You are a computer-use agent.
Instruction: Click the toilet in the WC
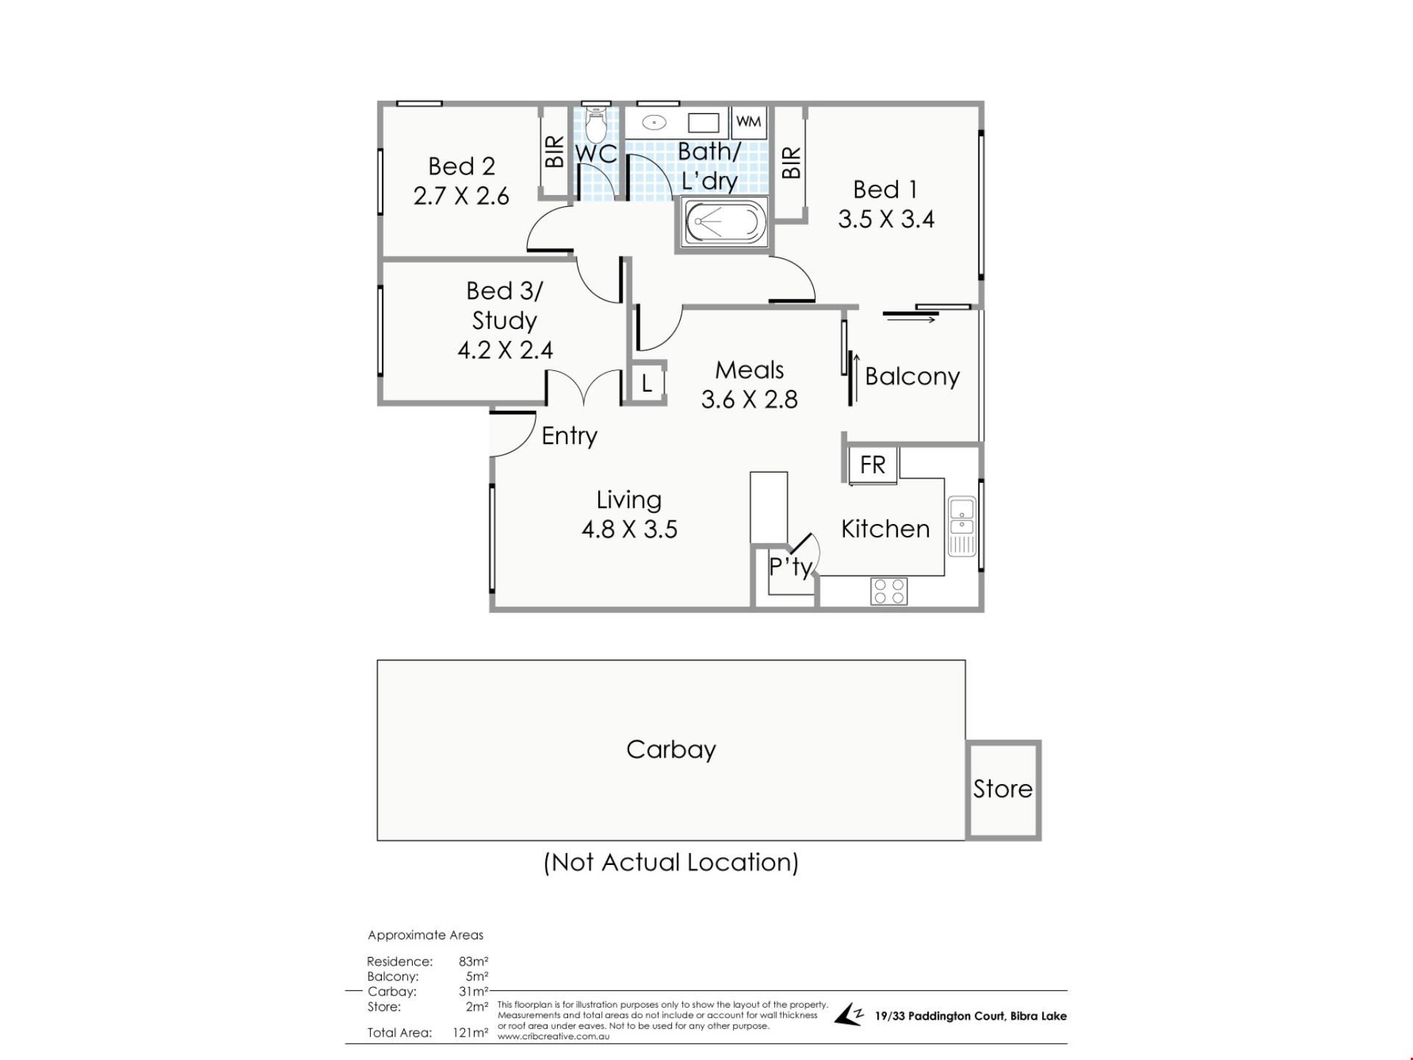pos(595,126)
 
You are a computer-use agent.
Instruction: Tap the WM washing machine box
pos(748,121)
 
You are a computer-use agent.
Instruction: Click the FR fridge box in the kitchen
pos(873,464)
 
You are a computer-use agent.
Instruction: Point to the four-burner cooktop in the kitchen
pos(889,591)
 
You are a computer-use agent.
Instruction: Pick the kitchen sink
pos(962,526)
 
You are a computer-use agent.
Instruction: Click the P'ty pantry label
pos(790,566)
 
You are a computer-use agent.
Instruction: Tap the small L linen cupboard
pos(647,383)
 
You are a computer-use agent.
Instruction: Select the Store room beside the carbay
pos(1003,789)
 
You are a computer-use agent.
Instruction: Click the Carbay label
pos(670,749)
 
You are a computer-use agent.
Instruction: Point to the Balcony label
pos(912,376)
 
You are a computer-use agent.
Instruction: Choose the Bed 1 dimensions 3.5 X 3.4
pos(886,219)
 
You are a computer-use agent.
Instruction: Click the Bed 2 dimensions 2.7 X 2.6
pos(461,196)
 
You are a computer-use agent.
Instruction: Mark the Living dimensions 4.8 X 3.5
pos(629,529)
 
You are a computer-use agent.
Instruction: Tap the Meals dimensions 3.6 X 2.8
pos(749,399)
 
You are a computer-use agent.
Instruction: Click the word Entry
pos(569,436)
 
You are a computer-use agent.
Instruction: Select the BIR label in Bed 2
pos(554,152)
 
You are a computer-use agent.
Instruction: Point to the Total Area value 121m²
pos(470,1033)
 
